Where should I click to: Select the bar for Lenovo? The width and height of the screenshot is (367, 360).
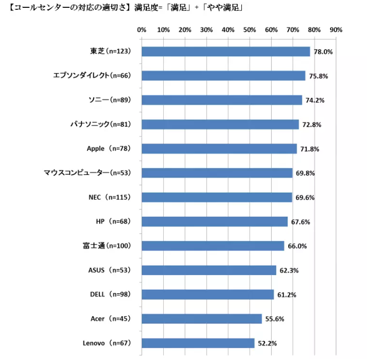(x=198, y=343)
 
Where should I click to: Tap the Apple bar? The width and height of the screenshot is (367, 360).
(x=219, y=148)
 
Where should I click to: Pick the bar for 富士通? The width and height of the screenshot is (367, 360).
(x=213, y=246)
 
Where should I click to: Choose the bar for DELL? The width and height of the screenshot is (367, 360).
(x=207, y=294)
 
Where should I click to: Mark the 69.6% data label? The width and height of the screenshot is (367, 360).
(x=304, y=198)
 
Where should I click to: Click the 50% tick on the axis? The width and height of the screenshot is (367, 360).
(x=249, y=29)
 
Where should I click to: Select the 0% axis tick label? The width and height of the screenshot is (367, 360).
(x=141, y=29)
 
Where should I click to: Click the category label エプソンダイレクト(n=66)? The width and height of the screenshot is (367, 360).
(x=91, y=76)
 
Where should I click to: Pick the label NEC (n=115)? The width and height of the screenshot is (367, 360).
(x=109, y=197)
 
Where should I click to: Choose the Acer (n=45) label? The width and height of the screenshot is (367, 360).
(x=109, y=318)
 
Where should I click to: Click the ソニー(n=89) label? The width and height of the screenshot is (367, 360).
(x=108, y=100)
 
